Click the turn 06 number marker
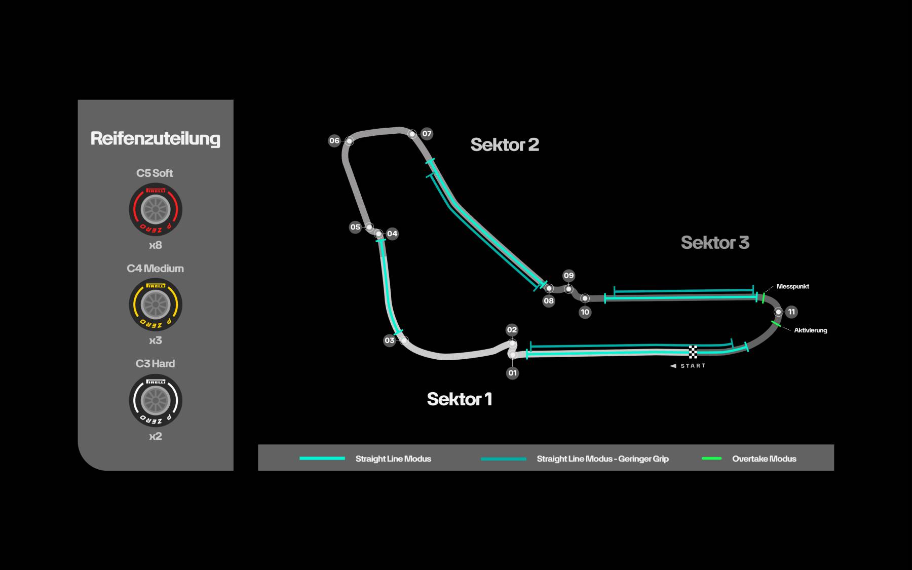pos(334,141)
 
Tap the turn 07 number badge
pos(427,134)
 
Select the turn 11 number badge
pos(791,312)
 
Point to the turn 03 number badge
pos(389,340)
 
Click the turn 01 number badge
pos(513,373)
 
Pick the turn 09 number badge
pos(568,276)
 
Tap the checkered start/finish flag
pos(693,352)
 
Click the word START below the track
pos(693,366)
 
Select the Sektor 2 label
pos(505,145)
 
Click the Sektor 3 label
pos(715,243)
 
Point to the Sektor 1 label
pos(460,399)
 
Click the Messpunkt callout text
pos(792,286)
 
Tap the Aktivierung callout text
pos(811,330)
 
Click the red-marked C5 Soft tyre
pos(156,210)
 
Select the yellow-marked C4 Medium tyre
pos(156,305)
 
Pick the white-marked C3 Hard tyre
pos(156,400)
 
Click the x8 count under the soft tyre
pos(156,246)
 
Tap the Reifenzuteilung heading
pos(156,139)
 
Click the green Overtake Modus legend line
pos(711,459)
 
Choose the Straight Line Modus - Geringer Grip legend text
pos(603,459)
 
